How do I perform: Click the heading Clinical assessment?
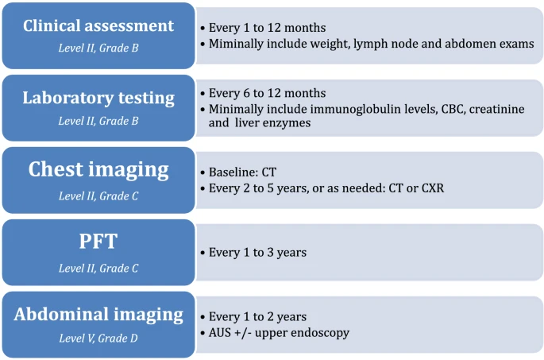pyautogui.click(x=98, y=25)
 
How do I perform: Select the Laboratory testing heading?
pyautogui.click(x=98, y=99)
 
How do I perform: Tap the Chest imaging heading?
pyautogui.click(x=98, y=170)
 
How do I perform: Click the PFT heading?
pyautogui.click(x=98, y=242)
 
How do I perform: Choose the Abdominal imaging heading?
pyautogui.click(x=98, y=315)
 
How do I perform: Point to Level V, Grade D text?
pyautogui.click(x=98, y=338)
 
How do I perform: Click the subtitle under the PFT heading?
pyautogui.click(x=98, y=269)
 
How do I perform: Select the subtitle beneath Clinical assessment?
pyautogui.click(x=98, y=48)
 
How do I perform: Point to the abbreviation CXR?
pyautogui.click(x=433, y=188)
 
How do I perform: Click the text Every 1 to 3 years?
pyautogui.click(x=258, y=253)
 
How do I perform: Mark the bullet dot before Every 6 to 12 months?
pyautogui.click(x=203, y=94)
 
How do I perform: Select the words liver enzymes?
pyautogui.click(x=272, y=123)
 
